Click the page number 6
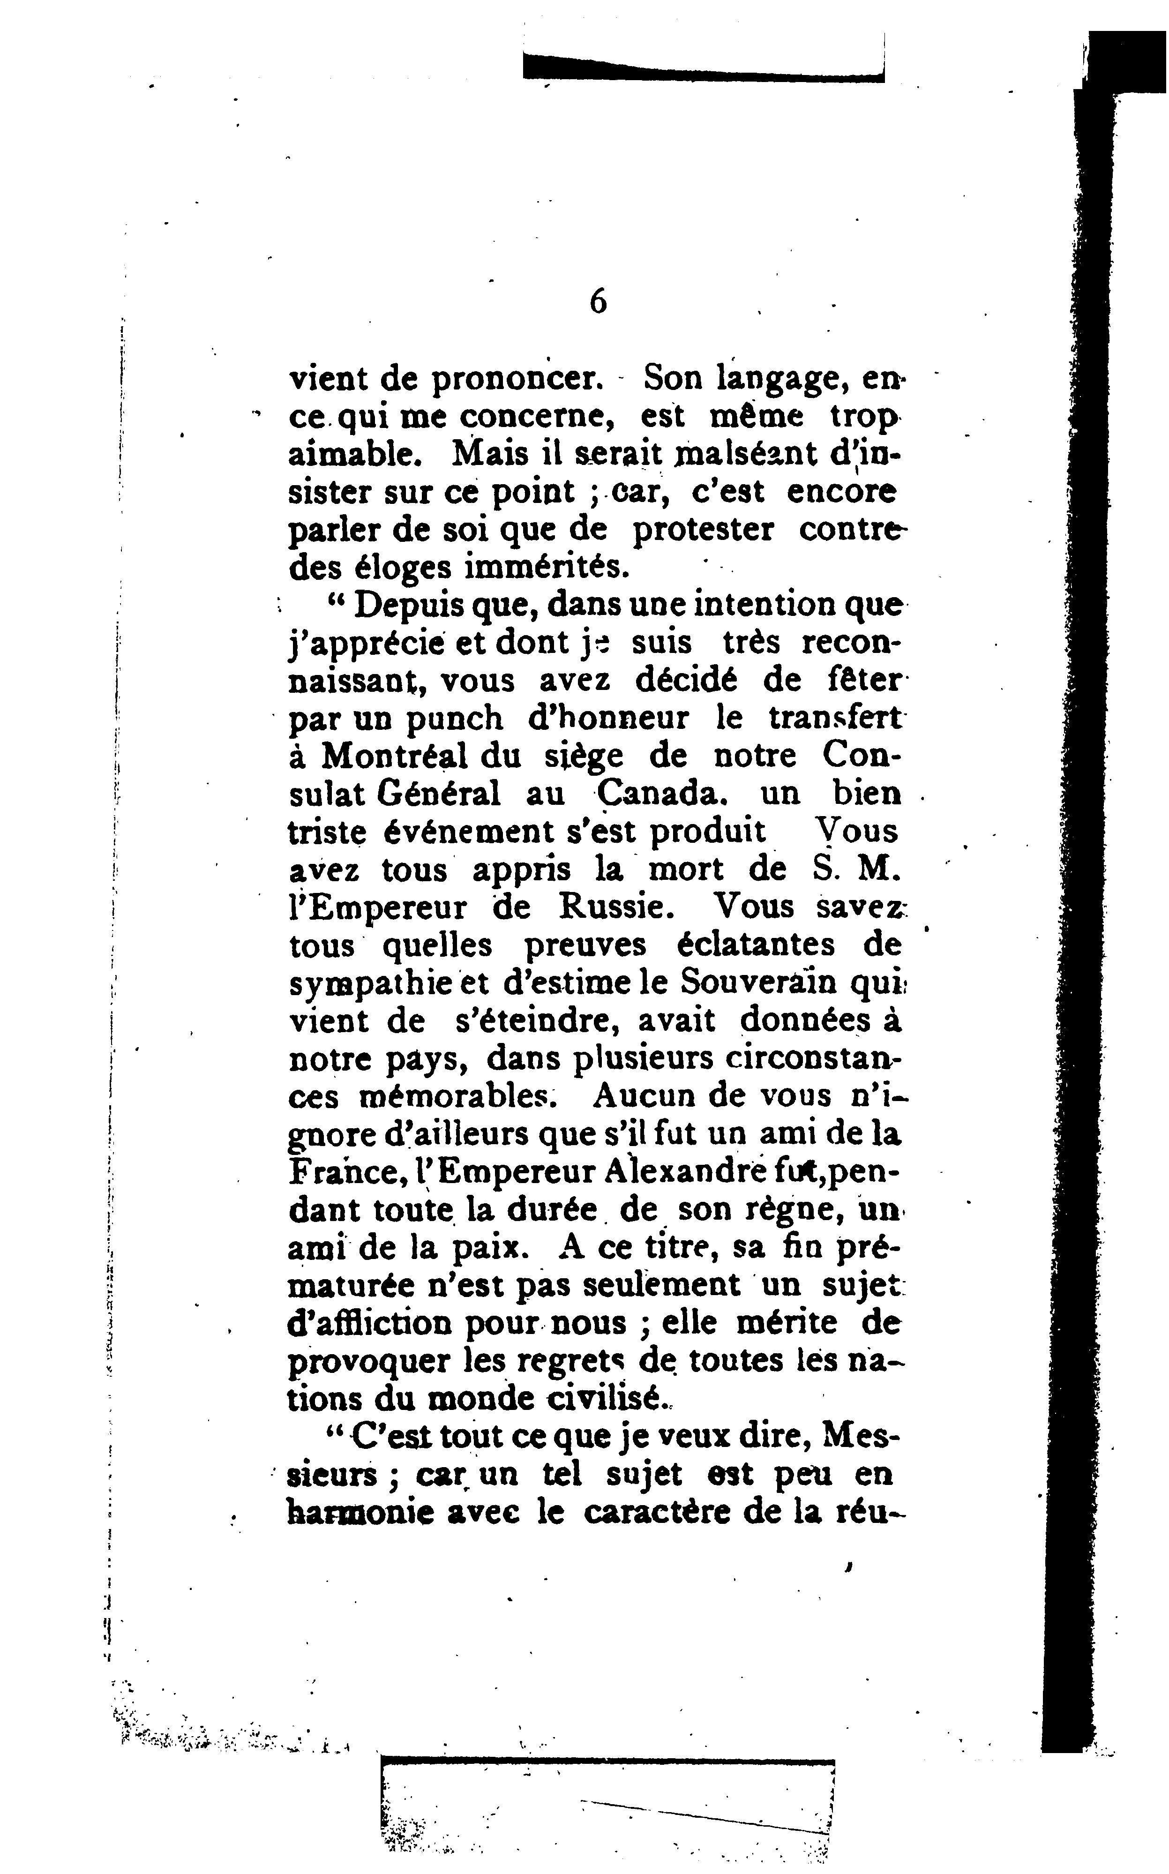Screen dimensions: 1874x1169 598,301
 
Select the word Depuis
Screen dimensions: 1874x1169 408,605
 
